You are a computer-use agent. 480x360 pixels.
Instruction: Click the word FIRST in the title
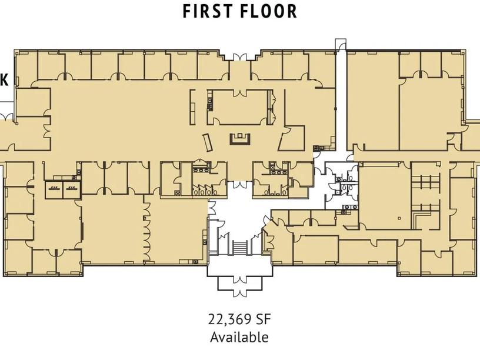click(x=207, y=11)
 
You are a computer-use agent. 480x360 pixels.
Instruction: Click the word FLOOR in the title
click(x=268, y=11)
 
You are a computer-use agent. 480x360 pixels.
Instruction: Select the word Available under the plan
click(x=239, y=337)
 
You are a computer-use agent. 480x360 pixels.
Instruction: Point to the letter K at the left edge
click(x=4, y=80)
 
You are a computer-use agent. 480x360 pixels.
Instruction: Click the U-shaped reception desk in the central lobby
click(x=241, y=139)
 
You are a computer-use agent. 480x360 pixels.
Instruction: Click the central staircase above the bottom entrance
click(x=240, y=247)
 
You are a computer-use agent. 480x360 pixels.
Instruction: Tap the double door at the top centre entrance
click(x=240, y=57)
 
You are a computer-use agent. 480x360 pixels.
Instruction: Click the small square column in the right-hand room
click(x=399, y=218)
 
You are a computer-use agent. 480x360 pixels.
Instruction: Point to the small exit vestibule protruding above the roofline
click(x=341, y=45)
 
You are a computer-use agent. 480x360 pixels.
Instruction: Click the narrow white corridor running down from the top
click(x=341, y=101)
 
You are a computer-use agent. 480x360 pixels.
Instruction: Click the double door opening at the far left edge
click(x=6, y=116)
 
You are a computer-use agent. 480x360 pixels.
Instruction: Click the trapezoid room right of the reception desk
click(x=292, y=138)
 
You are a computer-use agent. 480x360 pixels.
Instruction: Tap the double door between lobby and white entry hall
click(x=240, y=185)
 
